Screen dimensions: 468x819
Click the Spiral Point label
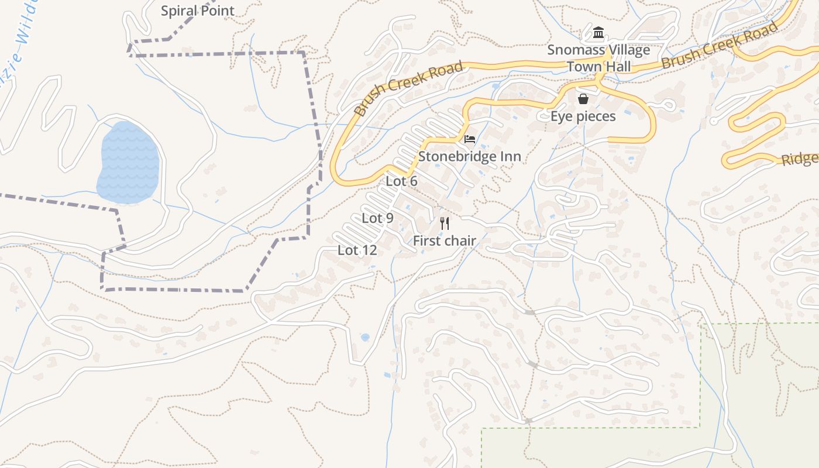point(197,11)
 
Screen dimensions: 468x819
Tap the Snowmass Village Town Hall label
point(598,58)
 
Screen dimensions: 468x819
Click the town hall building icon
point(598,32)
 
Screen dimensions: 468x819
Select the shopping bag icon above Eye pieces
point(583,99)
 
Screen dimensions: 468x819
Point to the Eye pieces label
point(583,116)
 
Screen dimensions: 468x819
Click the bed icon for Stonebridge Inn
point(469,139)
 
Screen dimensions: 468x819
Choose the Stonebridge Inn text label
point(469,157)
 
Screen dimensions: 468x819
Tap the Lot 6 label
point(401,181)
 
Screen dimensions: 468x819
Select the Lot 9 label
point(377,218)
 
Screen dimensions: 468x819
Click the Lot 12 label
point(357,250)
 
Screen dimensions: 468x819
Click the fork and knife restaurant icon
point(445,223)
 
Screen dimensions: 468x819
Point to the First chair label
point(444,240)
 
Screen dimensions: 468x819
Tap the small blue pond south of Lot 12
point(365,338)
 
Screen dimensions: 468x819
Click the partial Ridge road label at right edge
point(800,159)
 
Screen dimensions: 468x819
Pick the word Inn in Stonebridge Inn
point(509,157)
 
